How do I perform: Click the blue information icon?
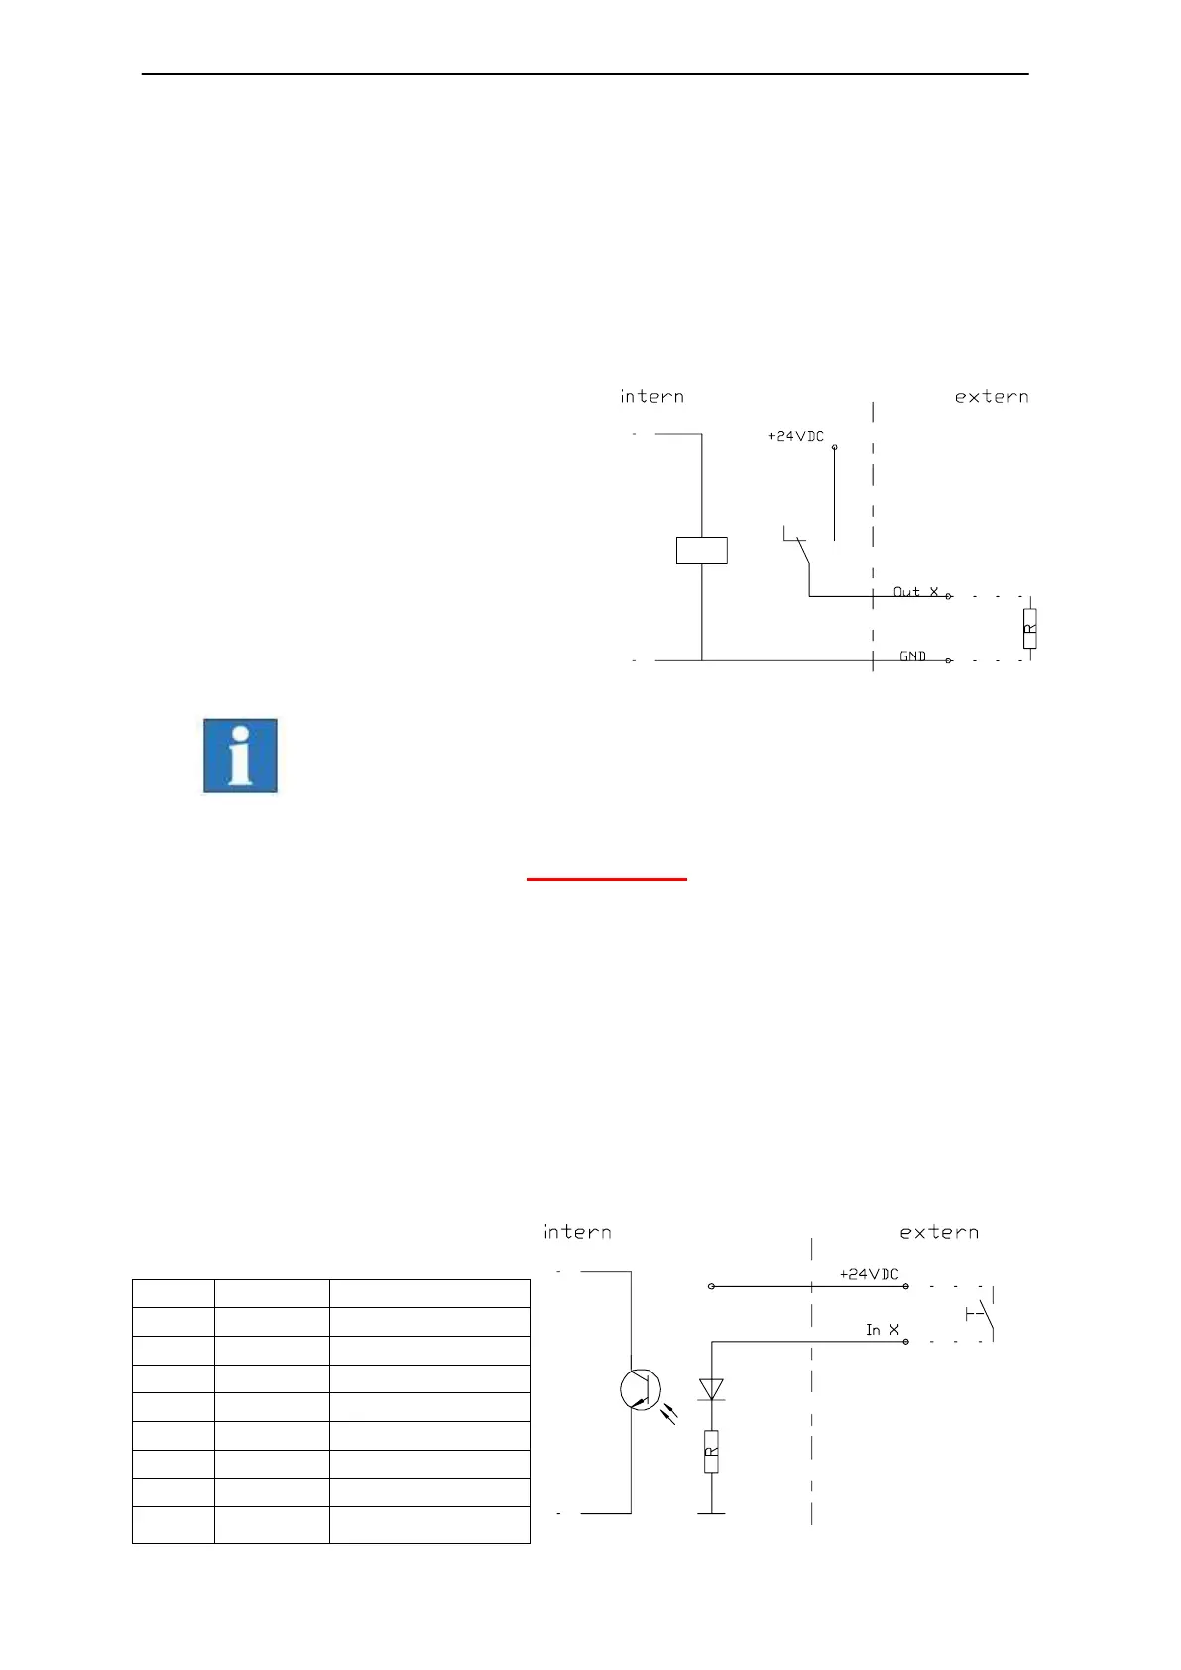pyautogui.click(x=240, y=756)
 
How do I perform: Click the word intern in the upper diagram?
pyautogui.click(x=651, y=397)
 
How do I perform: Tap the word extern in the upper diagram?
pyautogui.click(x=991, y=397)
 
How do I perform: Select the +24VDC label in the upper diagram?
pyautogui.click(x=795, y=436)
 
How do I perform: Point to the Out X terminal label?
pyautogui.click(x=915, y=592)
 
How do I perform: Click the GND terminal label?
pyautogui.click(x=912, y=656)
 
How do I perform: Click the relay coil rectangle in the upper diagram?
pyautogui.click(x=701, y=550)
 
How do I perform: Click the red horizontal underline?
pyautogui.click(x=606, y=879)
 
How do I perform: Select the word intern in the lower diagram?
pyautogui.click(x=577, y=1232)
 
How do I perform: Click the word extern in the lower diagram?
pyautogui.click(x=938, y=1232)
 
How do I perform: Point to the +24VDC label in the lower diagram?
pyautogui.click(x=869, y=1274)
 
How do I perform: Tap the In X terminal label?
pyautogui.click(x=882, y=1330)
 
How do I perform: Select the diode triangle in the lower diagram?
pyautogui.click(x=711, y=1389)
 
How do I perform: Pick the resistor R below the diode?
pyautogui.click(x=711, y=1452)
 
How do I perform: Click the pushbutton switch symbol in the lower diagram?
pyautogui.click(x=982, y=1315)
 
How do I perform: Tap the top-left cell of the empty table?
pyautogui.click(x=174, y=1293)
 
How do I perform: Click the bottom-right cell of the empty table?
pyautogui.click(x=429, y=1524)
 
